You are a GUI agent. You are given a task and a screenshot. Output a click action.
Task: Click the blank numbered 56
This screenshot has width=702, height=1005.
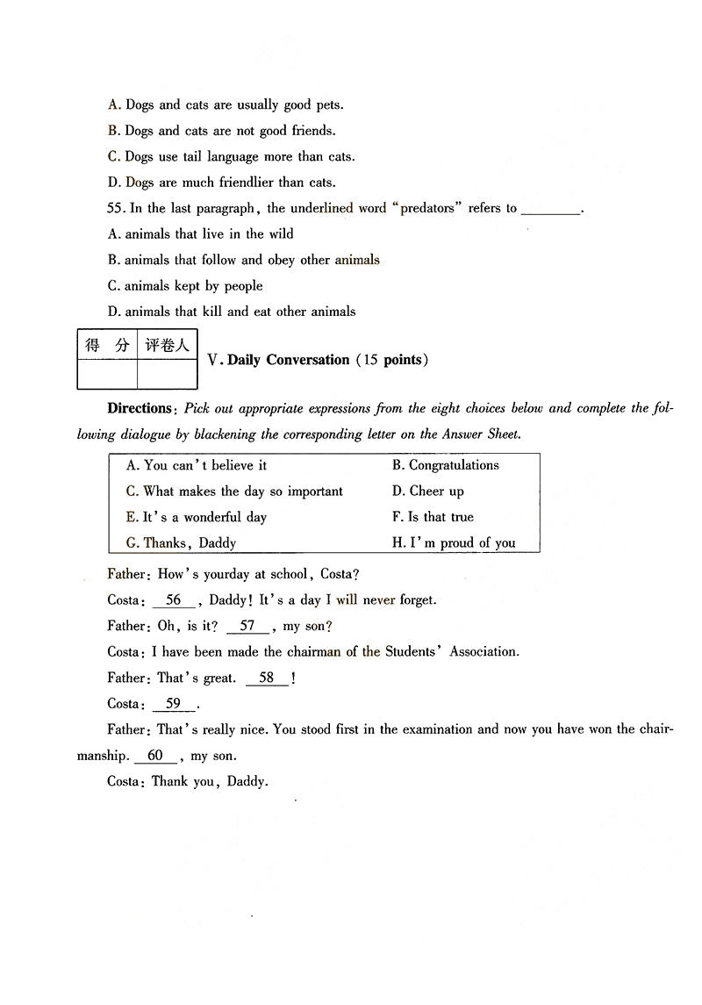174,600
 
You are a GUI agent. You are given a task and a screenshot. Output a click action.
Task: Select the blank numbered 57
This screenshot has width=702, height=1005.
247,626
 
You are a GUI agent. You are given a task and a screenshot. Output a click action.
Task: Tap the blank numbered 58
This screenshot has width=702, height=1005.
267,678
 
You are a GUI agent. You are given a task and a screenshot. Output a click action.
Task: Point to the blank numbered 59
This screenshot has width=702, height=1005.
174,704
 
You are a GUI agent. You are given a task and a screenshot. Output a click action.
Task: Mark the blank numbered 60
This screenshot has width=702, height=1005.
155,756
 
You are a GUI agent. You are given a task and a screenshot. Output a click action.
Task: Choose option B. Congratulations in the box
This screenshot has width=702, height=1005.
445,465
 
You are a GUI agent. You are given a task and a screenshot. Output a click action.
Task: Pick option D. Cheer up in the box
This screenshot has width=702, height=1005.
427,492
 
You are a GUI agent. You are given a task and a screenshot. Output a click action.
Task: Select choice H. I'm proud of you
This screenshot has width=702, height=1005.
453,543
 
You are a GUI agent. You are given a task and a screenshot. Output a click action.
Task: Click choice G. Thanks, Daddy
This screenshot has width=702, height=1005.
181,543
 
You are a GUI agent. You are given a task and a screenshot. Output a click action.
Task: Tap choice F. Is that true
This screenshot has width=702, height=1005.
432,517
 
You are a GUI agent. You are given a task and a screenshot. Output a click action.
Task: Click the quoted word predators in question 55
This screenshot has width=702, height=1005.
427,208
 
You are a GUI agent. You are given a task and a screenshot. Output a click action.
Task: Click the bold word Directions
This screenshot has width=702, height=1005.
139,408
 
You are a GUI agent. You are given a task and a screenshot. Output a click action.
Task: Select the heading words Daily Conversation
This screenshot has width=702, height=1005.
288,360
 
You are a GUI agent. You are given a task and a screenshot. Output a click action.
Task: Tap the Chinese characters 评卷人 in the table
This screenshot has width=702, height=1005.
167,345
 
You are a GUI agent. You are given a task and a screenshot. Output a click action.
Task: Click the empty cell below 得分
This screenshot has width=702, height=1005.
107,374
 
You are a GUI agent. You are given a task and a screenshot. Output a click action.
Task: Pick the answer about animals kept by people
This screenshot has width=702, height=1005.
185,286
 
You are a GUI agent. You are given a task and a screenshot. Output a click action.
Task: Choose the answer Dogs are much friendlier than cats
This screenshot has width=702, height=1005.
221,183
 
